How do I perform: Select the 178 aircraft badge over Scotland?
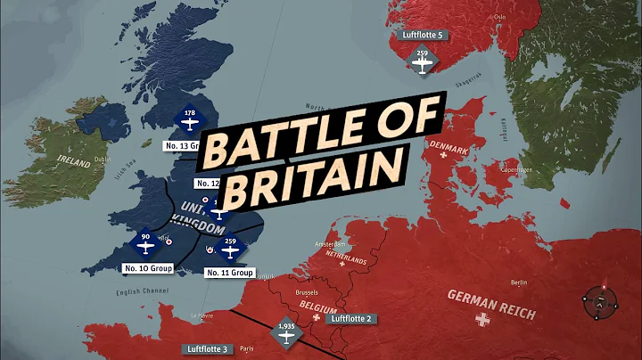pyautogui.click(x=188, y=119)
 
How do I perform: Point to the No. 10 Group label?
pyautogui.click(x=147, y=266)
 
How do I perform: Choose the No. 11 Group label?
pyautogui.click(x=230, y=272)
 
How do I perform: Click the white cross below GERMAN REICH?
pyautogui.click(x=484, y=318)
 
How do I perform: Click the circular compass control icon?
pyautogui.click(x=601, y=303)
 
